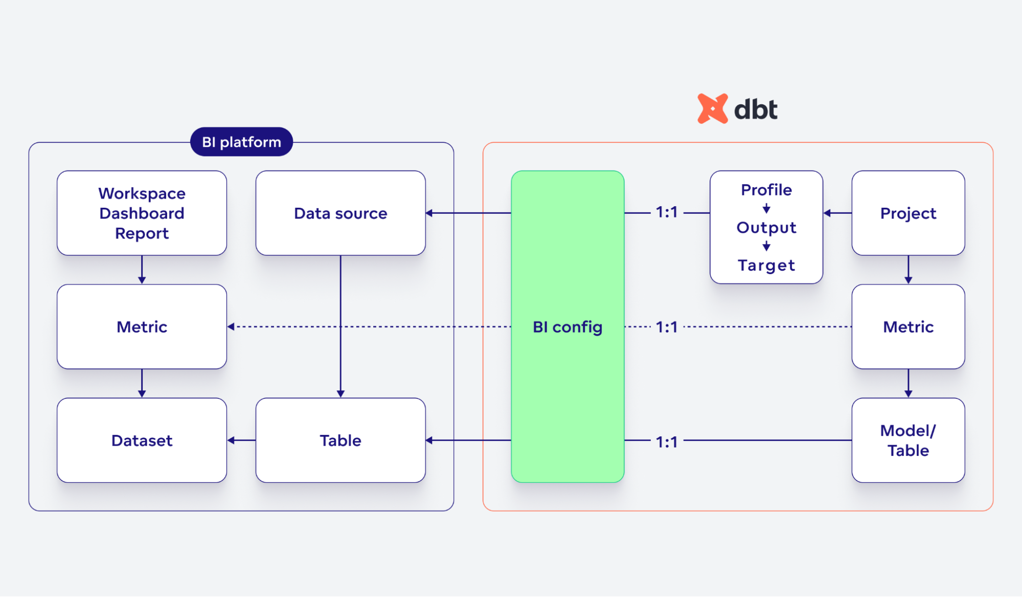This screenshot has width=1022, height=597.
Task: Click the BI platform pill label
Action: [x=241, y=142]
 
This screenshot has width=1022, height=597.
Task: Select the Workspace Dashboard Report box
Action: [x=142, y=213]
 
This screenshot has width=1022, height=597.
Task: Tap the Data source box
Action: [x=340, y=213]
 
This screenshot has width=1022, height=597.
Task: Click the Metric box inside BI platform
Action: [x=142, y=326]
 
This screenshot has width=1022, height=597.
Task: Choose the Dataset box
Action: [x=142, y=440]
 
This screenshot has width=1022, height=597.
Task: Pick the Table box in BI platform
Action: [x=340, y=440]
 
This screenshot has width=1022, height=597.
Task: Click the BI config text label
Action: [x=567, y=326]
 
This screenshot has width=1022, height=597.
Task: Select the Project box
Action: [x=908, y=213]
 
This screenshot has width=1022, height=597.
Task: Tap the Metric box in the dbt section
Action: [x=908, y=326]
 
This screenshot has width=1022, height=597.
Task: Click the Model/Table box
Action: [x=908, y=440]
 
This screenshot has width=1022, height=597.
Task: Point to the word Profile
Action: [x=766, y=190]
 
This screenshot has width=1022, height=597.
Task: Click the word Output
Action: [x=766, y=227]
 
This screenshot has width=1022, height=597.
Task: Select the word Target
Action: [x=766, y=265]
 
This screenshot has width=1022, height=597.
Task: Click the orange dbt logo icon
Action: [x=712, y=108]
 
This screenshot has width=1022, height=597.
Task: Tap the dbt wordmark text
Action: [x=756, y=109]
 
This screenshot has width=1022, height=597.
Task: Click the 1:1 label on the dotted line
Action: [x=667, y=326]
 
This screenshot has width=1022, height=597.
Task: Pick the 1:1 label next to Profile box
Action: [x=667, y=212]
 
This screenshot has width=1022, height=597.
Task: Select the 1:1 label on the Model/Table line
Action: [x=667, y=441]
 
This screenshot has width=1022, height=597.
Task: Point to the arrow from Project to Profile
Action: [x=837, y=213]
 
